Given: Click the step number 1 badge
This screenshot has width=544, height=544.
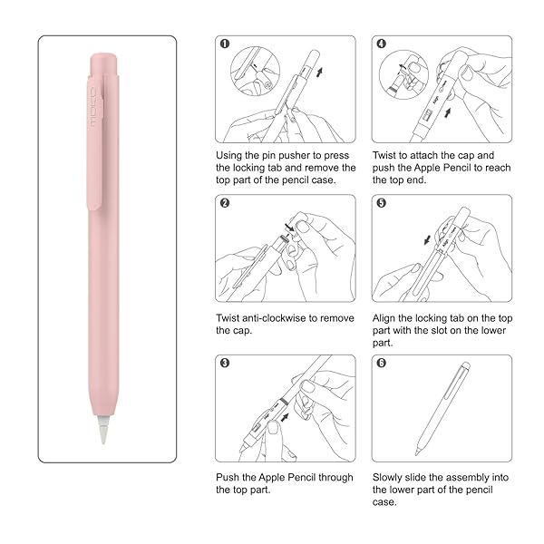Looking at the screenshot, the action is pyautogui.click(x=225, y=44).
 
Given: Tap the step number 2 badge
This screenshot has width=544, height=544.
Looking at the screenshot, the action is pyautogui.click(x=225, y=203).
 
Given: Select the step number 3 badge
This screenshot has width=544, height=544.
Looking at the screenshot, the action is pyautogui.click(x=225, y=363).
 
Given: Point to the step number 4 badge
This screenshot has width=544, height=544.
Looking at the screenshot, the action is pyautogui.click(x=382, y=44).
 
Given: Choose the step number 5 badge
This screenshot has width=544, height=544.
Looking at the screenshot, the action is pyautogui.click(x=382, y=203).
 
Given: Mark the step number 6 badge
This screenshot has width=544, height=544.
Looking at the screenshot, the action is pyautogui.click(x=382, y=363).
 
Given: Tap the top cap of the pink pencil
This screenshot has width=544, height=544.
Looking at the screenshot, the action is pyautogui.click(x=103, y=63).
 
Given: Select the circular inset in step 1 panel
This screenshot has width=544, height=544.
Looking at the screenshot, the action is pyautogui.click(x=256, y=71).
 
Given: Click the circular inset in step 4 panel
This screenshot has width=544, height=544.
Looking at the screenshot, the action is pyautogui.click(x=403, y=74).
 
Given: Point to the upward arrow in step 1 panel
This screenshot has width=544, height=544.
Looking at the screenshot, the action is pyautogui.click(x=319, y=73).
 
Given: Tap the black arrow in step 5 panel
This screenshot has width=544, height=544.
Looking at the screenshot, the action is pyautogui.click(x=427, y=239).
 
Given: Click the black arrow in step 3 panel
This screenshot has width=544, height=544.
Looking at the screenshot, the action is pyautogui.click(x=285, y=417).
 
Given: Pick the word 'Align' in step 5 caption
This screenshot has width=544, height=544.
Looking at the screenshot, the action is pyautogui.click(x=384, y=319).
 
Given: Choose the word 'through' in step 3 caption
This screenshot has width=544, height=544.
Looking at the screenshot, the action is pyautogui.click(x=335, y=478).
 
